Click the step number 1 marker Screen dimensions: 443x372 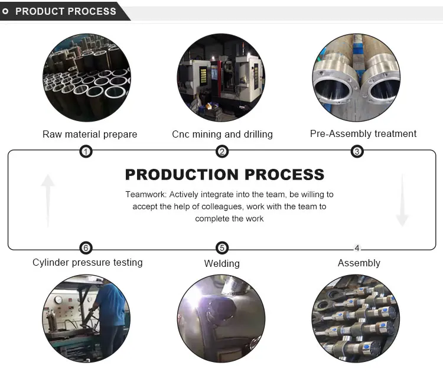86,152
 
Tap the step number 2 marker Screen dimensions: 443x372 222,152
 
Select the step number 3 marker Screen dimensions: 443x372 357,152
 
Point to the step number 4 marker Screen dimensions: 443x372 357,248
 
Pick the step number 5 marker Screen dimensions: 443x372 222,248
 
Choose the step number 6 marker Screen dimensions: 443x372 86,248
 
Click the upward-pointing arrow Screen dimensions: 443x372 48,201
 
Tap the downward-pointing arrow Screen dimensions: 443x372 402,201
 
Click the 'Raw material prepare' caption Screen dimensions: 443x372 90,134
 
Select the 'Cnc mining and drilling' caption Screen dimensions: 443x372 222,134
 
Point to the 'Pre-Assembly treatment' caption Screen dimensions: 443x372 363,133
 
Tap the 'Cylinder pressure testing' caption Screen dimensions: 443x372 87,262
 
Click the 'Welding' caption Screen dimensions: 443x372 222,263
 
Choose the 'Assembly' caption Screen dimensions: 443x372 359,263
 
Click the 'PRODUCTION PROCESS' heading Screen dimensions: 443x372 224,174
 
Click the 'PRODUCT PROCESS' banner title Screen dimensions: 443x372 66,11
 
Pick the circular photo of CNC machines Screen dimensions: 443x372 221,78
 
